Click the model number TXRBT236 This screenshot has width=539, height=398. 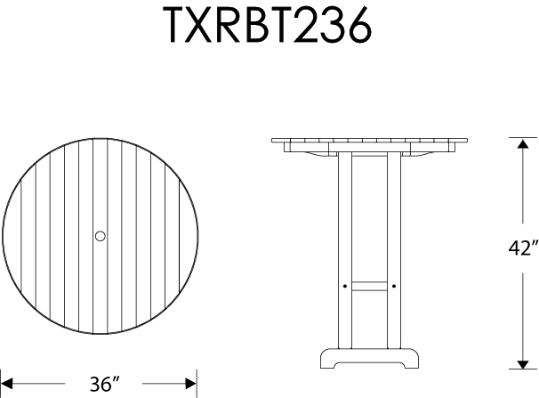point(268,27)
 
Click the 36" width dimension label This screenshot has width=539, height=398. point(105,385)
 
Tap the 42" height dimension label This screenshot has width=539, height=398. point(524,248)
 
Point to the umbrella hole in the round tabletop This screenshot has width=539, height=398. point(100,236)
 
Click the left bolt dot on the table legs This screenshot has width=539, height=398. point(344,286)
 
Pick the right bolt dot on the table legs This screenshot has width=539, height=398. point(392,286)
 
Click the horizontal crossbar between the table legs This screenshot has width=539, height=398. point(368,286)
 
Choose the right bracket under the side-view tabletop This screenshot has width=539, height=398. point(427,156)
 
